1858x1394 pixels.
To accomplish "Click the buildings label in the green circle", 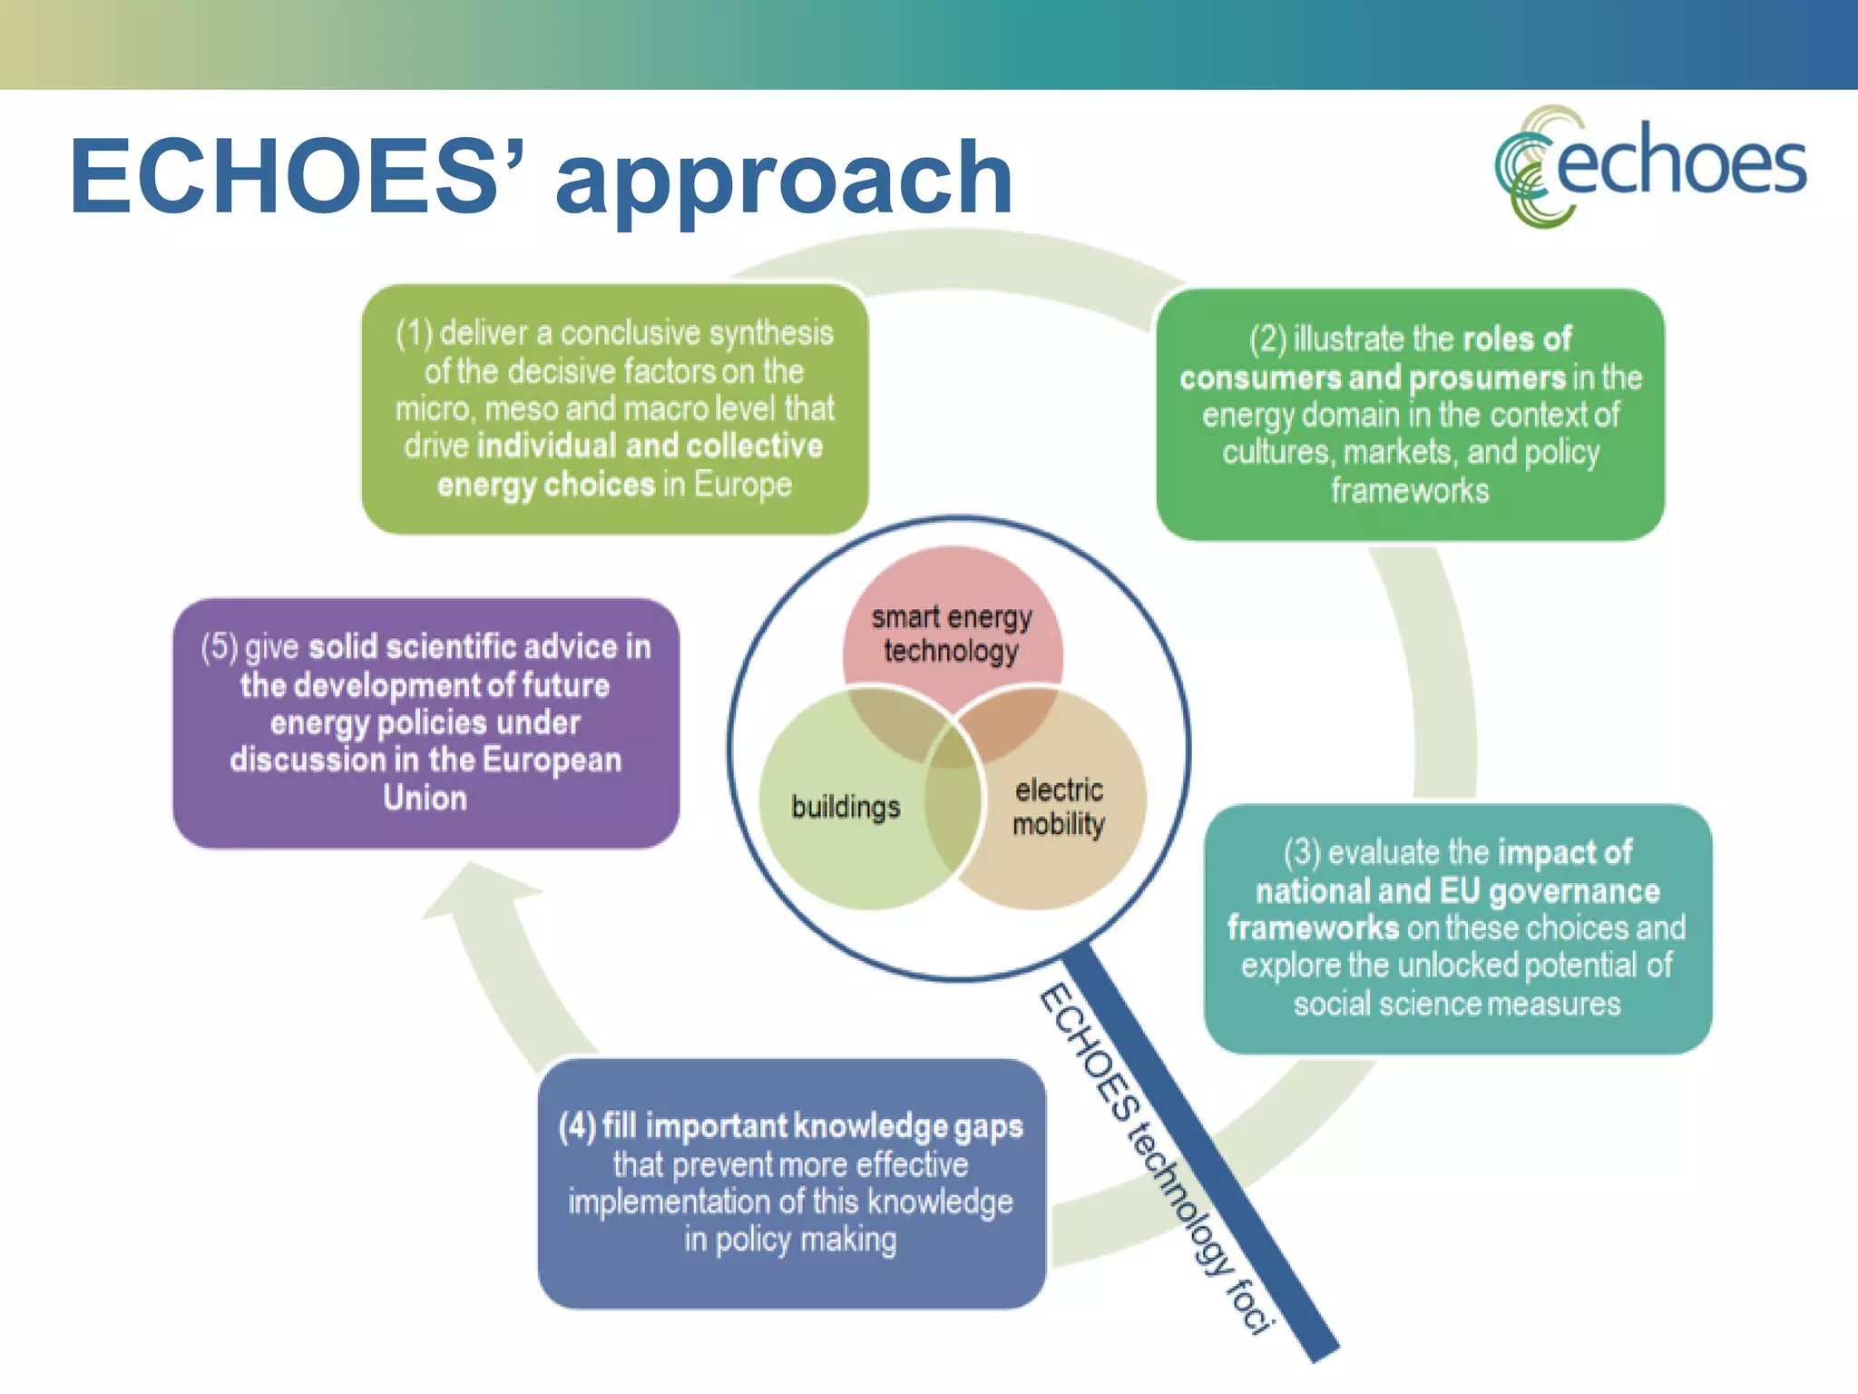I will click(x=846, y=807).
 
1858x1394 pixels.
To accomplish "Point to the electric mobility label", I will click(x=1059, y=807).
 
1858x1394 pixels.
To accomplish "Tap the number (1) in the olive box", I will click(x=414, y=334).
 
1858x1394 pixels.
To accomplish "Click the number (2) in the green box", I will click(x=1267, y=339).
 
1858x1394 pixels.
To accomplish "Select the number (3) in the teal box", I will click(x=1302, y=853).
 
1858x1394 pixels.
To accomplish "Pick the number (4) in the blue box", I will click(x=577, y=1126).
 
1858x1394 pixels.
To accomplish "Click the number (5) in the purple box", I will click(x=219, y=647).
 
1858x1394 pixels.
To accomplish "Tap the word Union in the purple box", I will click(x=425, y=799).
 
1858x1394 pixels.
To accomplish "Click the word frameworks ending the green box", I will click(x=1410, y=491).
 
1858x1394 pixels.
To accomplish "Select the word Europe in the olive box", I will click(x=742, y=485).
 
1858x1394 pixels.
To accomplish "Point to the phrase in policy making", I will click(x=790, y=1240).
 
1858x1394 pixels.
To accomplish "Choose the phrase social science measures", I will click(x=1456, y=1005).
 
